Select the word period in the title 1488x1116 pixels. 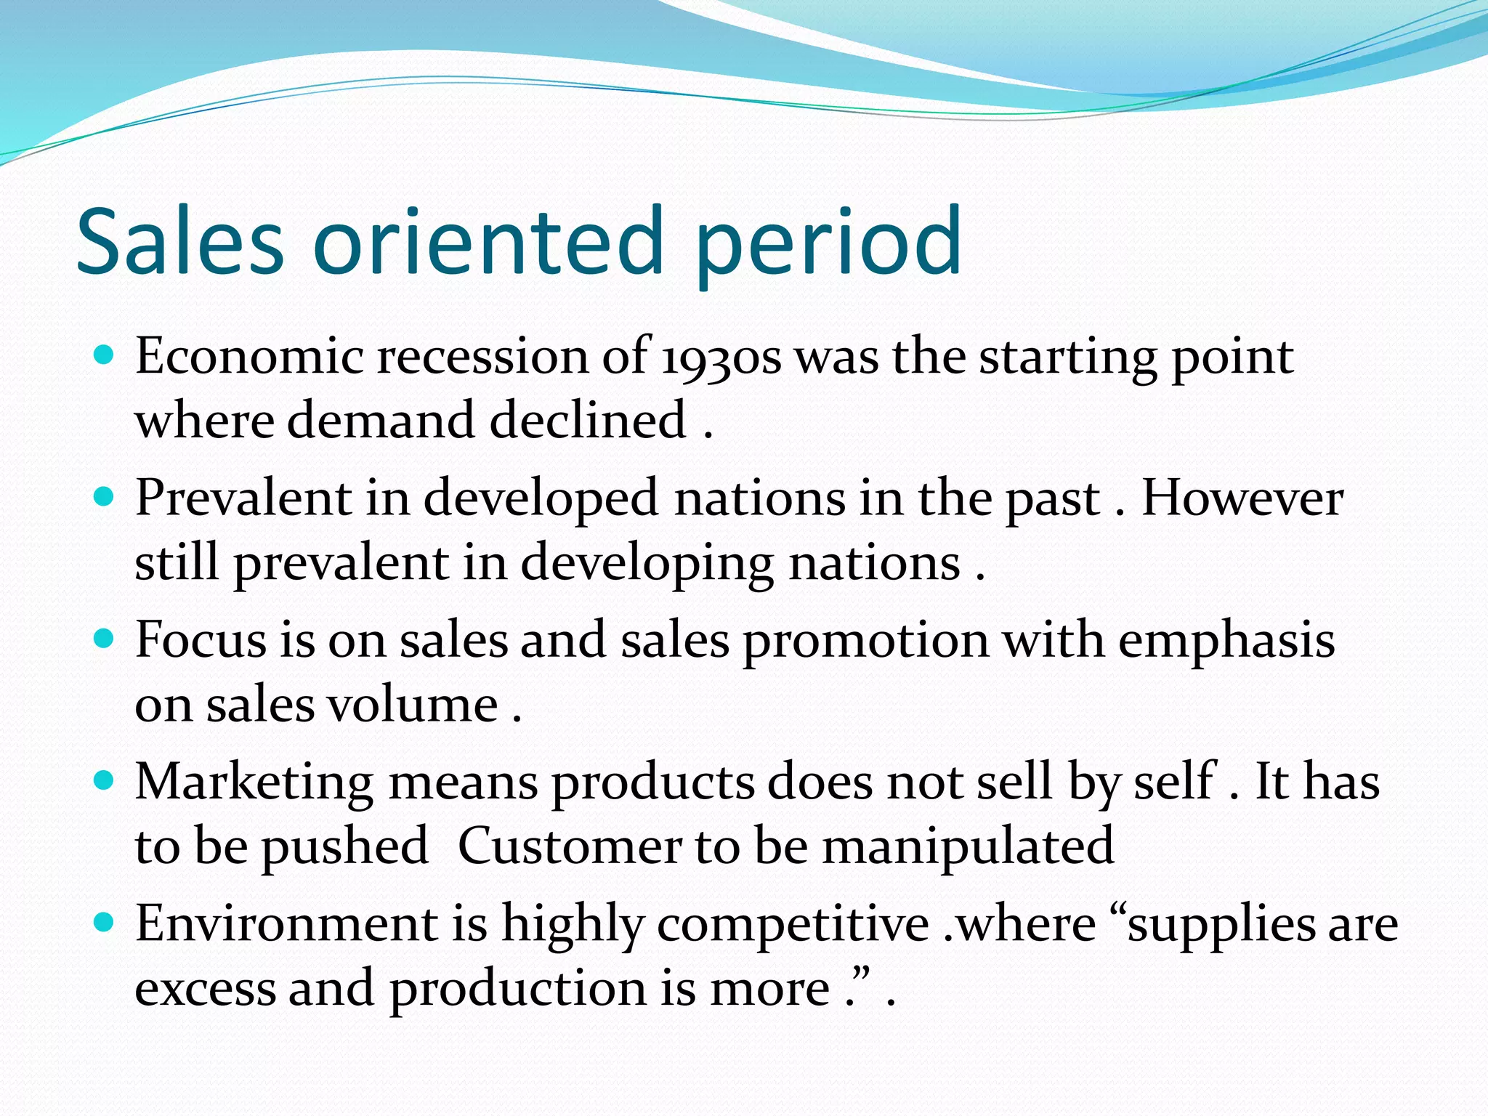point(828,243)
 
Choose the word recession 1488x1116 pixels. point(482,357)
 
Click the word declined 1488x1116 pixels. point(588,421)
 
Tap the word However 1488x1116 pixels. point(1242,499)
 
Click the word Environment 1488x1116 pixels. point(286,924)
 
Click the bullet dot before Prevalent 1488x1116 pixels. point(105,497)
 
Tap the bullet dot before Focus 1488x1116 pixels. point(105,639)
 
